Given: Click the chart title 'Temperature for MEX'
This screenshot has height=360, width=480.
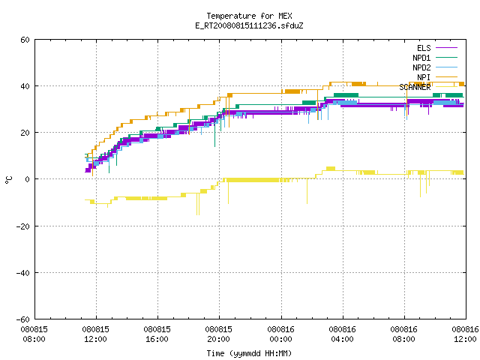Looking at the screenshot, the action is click(x=249, y=16).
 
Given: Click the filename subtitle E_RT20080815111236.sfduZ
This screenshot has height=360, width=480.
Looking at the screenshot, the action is click(x=249, y=25).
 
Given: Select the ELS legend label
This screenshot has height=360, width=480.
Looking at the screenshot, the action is click(x=424, y=48).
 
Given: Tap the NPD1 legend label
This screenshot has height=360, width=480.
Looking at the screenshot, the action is click(x=421, y=58).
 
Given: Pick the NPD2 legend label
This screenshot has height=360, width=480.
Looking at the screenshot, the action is click(x=421, y=67).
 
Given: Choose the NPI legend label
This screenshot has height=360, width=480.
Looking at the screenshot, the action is click(x=424, y=77).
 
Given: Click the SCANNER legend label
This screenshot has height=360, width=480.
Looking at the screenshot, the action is click(x=415, y=87).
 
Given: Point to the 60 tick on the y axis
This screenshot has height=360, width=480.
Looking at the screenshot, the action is click(x=25, y=40).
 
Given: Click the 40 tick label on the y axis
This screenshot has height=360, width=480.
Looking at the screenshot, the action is click(x=25, y=86).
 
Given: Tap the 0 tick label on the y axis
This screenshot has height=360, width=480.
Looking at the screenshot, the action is click(x=28, y=179).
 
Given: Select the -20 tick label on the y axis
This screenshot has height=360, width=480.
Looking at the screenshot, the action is click(x=23, y=226).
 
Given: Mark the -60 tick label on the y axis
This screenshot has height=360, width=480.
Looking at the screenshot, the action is click(x=23, y=319).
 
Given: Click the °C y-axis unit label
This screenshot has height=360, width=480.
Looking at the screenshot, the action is click(x=9, y=180).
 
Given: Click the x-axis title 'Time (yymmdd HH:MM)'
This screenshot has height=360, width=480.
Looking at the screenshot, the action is click(x=249, y=353).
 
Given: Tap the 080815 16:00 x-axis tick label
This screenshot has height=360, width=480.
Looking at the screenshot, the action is click(x=157, y=334).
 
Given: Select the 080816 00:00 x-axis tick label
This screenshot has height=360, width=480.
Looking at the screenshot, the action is click(x=280, y=334).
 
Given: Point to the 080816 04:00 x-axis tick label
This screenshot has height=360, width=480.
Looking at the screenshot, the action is click(x=342, y=334).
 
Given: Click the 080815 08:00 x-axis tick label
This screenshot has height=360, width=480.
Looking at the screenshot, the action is click(x=34, y=334).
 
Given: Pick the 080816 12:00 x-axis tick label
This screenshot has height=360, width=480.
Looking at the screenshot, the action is click(x=465, y=334).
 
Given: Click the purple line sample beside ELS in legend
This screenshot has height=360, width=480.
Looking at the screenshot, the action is click(x=446, y=48).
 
